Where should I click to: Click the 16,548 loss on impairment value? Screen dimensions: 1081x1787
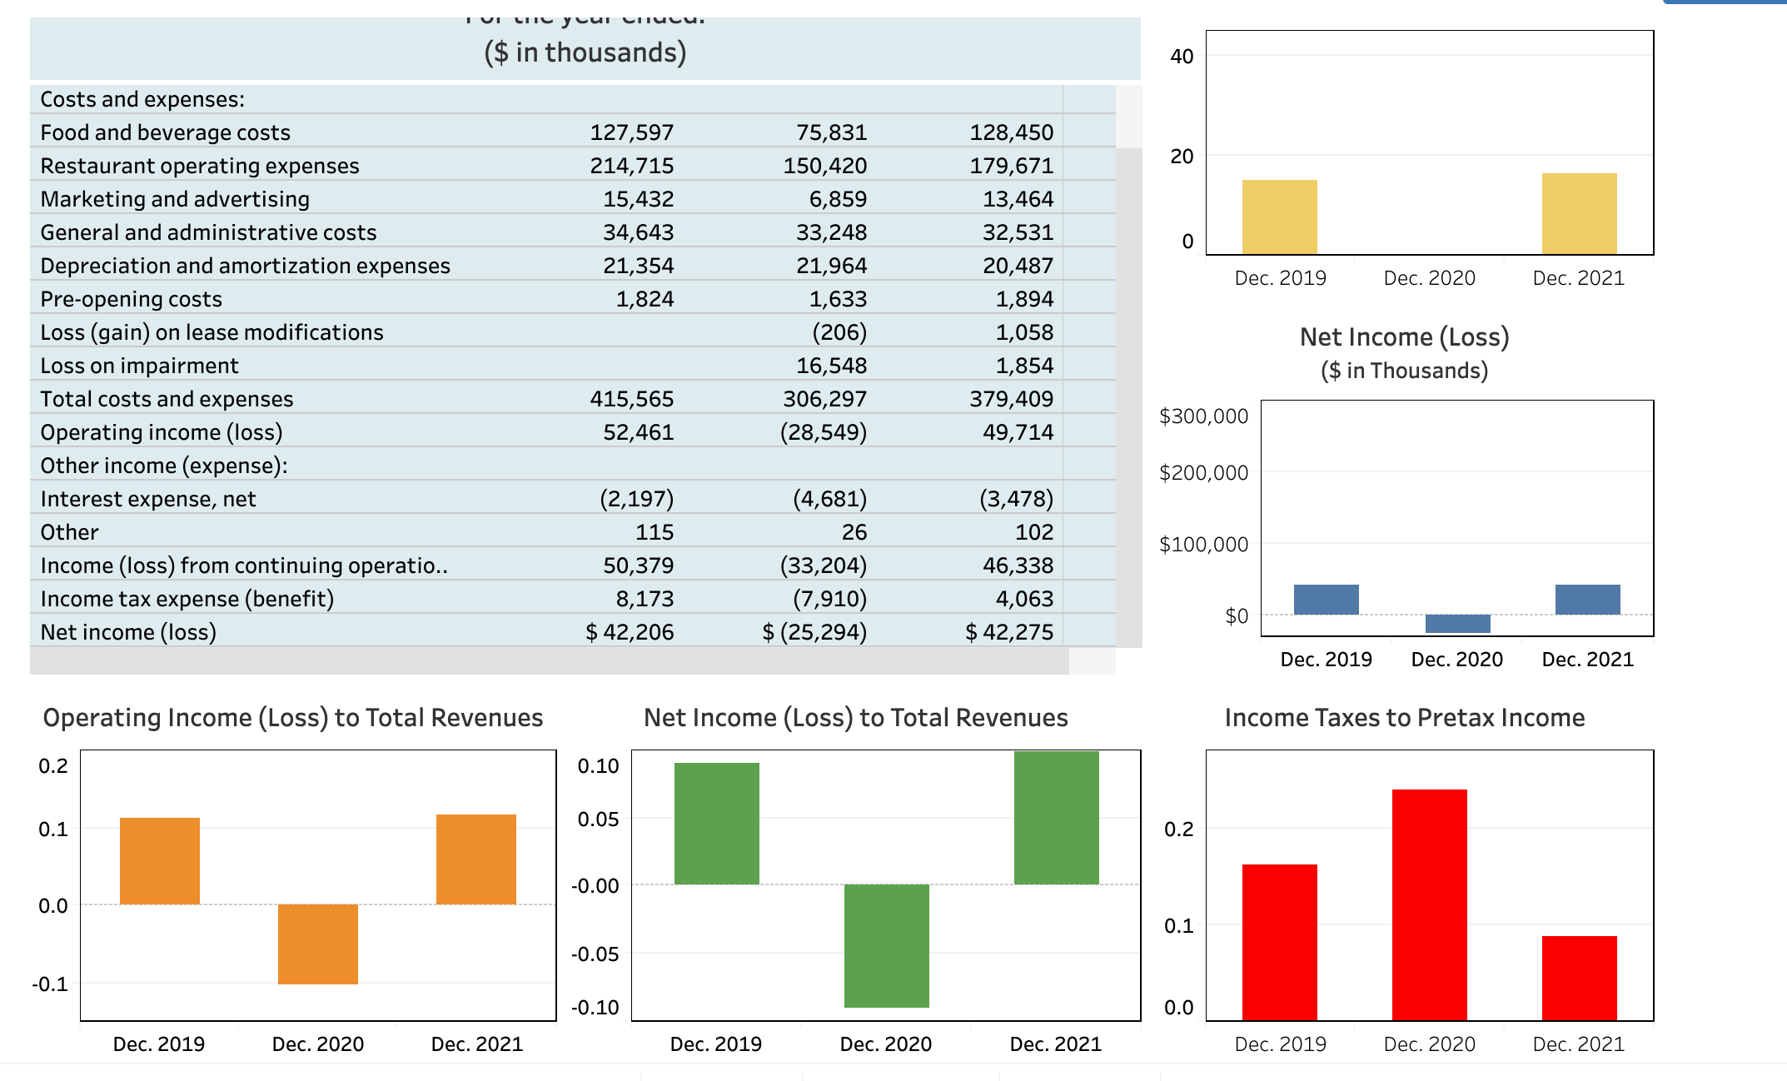830,366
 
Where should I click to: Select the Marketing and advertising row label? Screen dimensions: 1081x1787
175,199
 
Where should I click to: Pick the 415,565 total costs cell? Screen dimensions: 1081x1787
631,399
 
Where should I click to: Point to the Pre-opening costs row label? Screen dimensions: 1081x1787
131,299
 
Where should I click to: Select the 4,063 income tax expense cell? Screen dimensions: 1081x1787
1023,599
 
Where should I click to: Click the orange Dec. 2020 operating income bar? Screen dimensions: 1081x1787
317,944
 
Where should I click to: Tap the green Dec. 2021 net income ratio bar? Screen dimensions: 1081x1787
1056,818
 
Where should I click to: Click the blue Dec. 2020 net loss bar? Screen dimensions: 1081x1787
1457,623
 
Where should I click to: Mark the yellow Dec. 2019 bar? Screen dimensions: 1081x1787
1279,217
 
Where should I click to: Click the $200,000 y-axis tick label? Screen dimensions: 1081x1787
1203,473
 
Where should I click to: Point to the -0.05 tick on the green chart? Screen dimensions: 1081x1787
595,954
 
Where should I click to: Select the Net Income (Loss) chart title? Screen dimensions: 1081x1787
1404,337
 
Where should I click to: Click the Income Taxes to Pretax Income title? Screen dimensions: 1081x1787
1404,718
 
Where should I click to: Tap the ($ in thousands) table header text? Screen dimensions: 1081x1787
585,52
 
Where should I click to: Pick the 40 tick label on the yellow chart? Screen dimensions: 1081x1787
1181,57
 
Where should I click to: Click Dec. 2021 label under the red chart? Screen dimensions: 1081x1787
1578,1044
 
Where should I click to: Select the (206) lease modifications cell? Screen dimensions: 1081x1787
839,332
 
